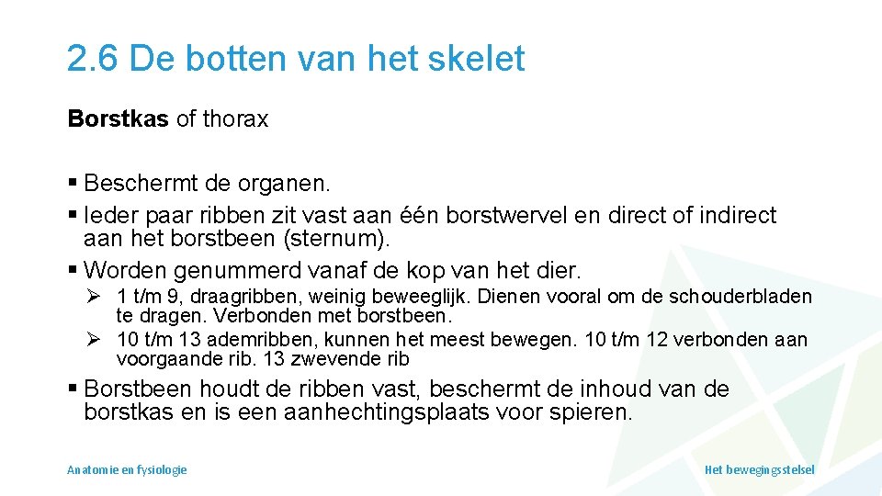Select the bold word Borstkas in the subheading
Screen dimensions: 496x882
point(119,119)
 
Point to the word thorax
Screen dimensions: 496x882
point(234,119)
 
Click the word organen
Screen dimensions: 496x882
point(284,184)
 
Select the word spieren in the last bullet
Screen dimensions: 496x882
point(593,412)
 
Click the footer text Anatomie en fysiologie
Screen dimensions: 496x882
point(127,469)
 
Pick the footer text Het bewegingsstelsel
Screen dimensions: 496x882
point(759,469)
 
